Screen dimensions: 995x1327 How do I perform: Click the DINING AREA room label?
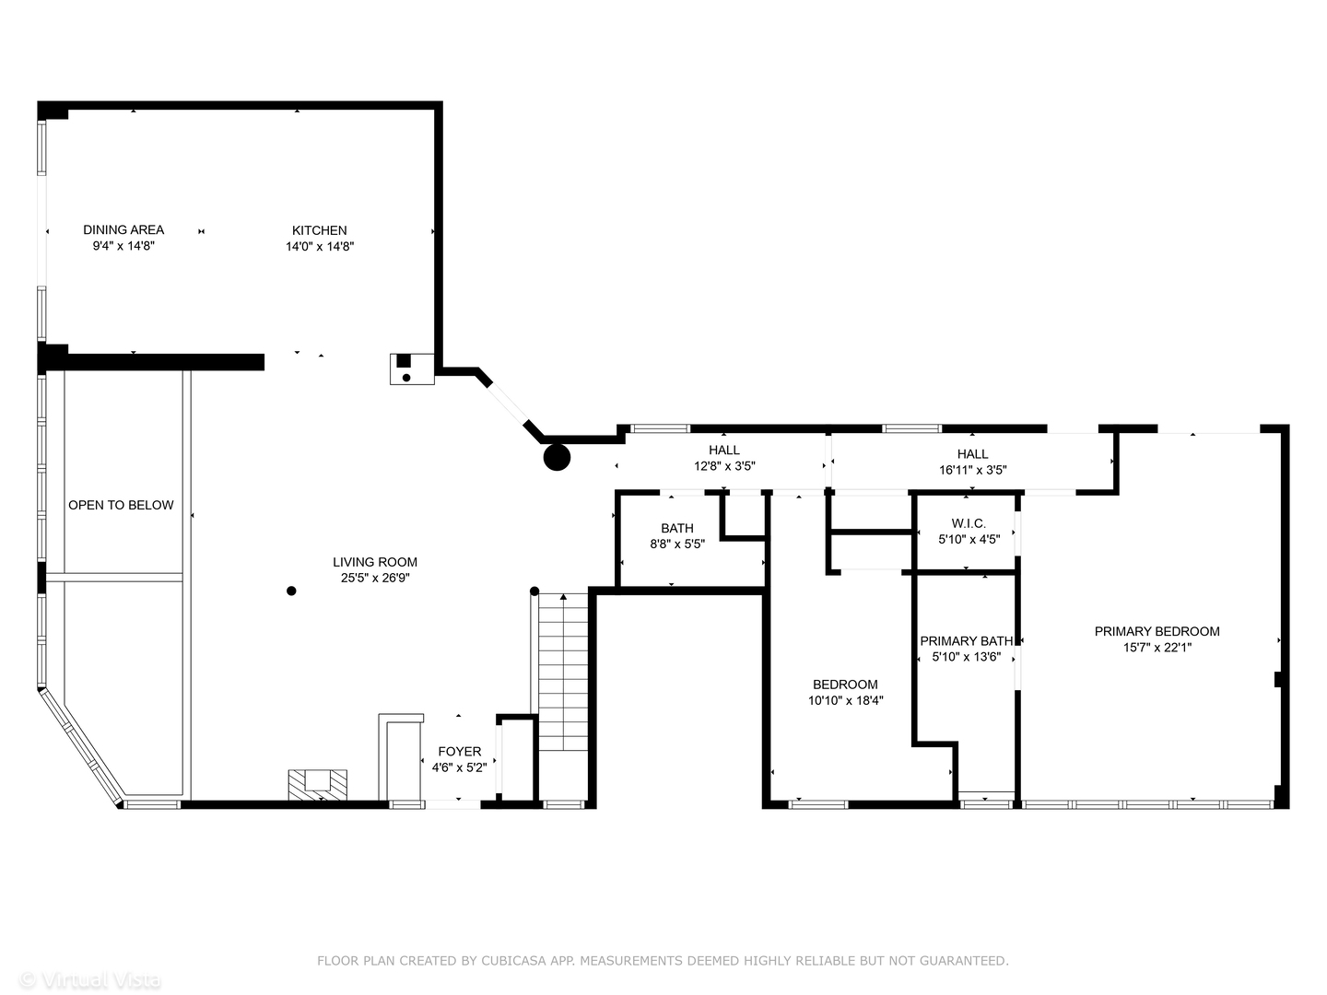tap(123, 230)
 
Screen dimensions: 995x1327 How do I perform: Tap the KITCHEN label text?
tap(320, 230)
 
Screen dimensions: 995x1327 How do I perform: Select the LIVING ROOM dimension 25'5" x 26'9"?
tap(375, 579)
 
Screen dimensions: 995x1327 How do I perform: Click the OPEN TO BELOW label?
tap(121, 505)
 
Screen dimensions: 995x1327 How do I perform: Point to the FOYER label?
tap(459, 752)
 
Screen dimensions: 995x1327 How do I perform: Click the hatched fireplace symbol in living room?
tap(318, 784)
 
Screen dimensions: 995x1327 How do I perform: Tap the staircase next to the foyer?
tap(562, 673)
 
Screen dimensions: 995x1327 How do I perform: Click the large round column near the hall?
tap(557, 457)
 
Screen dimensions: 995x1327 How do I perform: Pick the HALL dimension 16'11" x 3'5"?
tap(972, 470)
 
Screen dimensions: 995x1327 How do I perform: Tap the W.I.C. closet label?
tap(969, 523)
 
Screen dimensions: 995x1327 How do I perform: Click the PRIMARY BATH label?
tap(966, 641)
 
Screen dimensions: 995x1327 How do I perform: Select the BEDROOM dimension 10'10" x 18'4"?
tap(845, 700)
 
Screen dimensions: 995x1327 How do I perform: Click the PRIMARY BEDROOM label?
tap(1157, 631)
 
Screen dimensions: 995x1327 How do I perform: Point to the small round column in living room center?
tap(291, 591)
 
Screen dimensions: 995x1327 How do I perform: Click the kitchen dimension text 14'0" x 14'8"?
tap(320, 247)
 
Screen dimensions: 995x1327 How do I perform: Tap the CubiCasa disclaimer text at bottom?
tap(663, 961)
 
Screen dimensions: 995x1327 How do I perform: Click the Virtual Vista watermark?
tap(90, 980)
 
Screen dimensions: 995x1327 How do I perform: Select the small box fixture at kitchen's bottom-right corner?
tap(411, 369)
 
